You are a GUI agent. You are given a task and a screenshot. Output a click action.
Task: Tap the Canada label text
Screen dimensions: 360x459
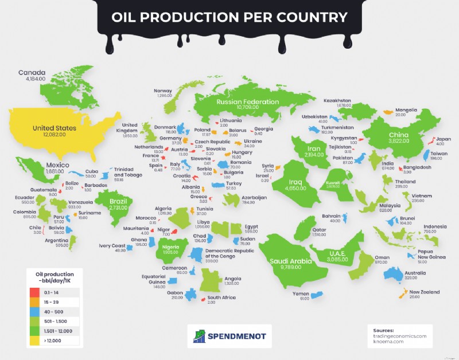32,73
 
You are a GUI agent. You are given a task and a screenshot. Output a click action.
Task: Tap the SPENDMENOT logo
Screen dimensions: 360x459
229,335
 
